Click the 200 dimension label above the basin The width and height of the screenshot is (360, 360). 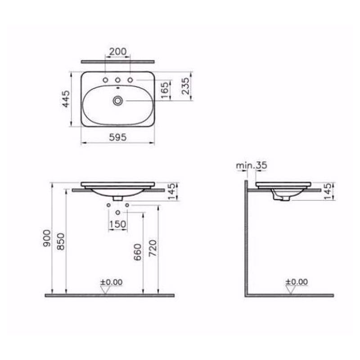click(x=117, y=51)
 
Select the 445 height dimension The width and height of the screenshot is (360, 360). click(x=66, y=99)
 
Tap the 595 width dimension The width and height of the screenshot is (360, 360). click(x=117, y=137)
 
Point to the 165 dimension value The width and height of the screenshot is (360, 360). click(x=165, y=90)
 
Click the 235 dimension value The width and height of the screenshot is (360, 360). click(x=185, y=86)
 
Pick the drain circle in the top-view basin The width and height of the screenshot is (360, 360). click(x=118, y=100)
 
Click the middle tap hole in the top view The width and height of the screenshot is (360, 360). click(x=117, y=80)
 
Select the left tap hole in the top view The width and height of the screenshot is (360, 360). click(x=105, y=80)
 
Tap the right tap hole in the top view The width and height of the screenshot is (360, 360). click(x=130, y=80)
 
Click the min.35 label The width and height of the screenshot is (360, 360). click(x=252, y=165)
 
